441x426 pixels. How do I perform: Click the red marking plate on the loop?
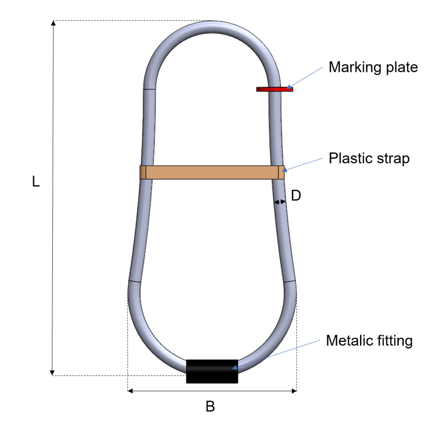[274, 89]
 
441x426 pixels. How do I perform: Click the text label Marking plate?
[373, 67]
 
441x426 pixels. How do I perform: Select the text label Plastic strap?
[369, 159]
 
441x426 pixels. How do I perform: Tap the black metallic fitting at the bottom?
[212, 371]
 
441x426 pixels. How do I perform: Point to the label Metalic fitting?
[369, 341]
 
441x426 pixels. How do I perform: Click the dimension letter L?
[36, 182]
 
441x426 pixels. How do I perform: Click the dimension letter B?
[210, 407]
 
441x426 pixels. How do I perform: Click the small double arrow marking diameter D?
[280, 203]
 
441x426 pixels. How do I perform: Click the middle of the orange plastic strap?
[212, 173]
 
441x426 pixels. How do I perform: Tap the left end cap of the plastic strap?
[143, 173]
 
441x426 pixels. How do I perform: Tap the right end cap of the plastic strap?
[281, 173]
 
